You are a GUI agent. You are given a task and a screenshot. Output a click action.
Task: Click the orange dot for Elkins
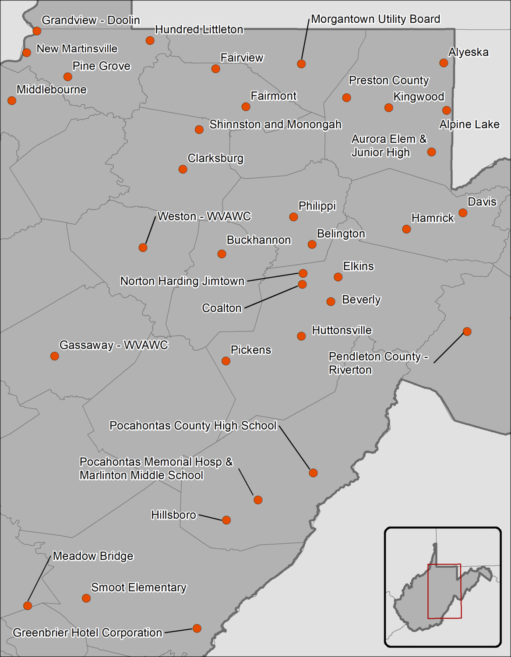coord(338,277)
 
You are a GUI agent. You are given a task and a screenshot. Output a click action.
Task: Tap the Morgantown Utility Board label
coord(375,19)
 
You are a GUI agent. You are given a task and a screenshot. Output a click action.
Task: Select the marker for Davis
coord(463,213)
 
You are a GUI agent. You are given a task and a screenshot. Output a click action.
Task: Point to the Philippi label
coord(317,206)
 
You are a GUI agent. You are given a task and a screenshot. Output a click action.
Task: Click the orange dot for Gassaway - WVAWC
coord(55,356)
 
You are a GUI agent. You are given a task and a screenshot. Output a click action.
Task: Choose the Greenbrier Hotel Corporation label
coord(88,632)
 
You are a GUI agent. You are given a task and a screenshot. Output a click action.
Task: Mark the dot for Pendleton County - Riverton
coord(467,332)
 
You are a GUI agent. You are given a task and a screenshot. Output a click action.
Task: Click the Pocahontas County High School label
coord(193,426)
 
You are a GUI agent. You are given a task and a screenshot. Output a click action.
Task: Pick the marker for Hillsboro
coord(226,520)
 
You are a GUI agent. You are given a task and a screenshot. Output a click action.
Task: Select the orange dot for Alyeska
coord(444,63)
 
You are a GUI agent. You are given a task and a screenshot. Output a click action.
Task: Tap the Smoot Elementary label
coord(139,587)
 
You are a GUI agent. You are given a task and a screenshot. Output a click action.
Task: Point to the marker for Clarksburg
coord(183,170)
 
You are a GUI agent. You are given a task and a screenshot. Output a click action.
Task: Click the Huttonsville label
coord(342,330)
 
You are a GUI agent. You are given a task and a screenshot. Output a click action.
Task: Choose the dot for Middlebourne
coord(12,101)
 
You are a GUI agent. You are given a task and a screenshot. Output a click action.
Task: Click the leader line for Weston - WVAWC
coord(149,231)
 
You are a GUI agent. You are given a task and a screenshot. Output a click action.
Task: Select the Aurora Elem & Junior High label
coord(389,146)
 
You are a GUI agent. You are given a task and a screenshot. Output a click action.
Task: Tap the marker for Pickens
coord(226,361)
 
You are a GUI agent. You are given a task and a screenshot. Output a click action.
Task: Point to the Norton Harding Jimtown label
coord(182,281)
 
